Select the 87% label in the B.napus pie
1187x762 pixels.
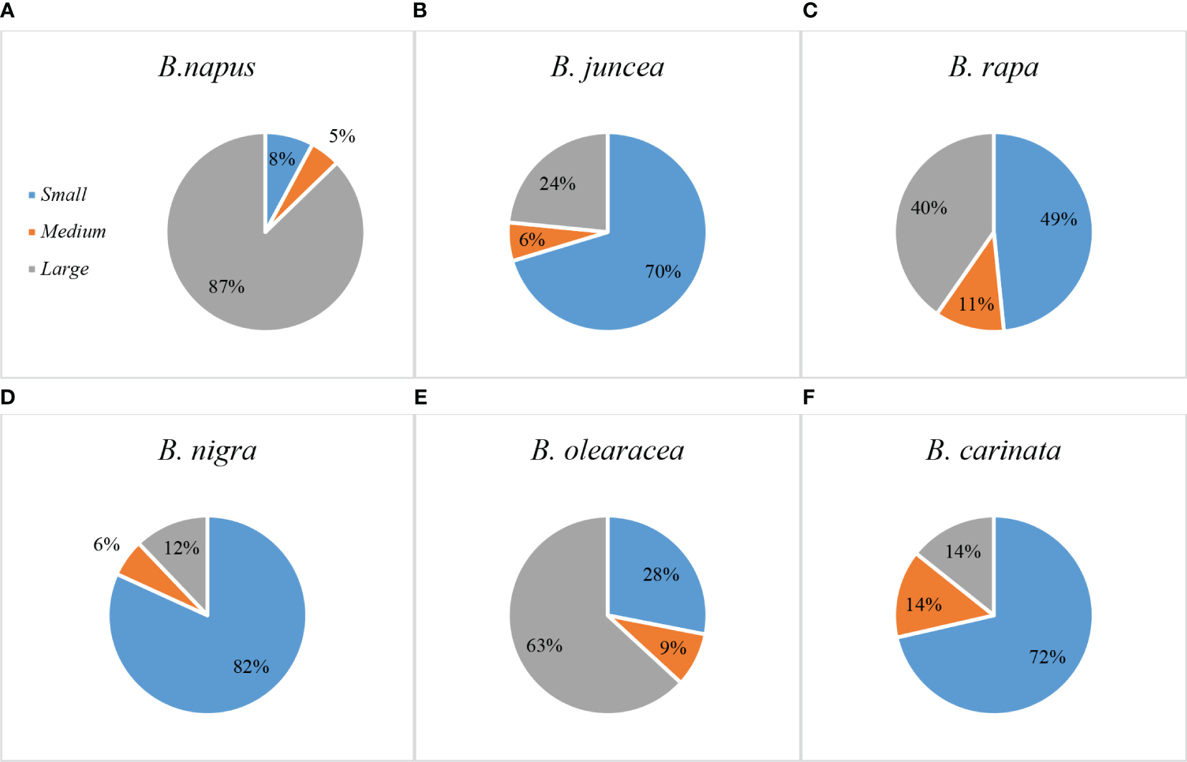pos(227,287)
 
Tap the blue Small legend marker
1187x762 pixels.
pos(32,195)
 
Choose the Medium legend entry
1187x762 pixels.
pos(72,232)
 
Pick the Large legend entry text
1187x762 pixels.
pos(65,269)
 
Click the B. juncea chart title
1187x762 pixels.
pos(607,67)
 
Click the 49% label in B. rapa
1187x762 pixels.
pos(1059,220)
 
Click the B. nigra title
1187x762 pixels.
pos(207,451)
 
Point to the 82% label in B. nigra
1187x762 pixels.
pos(251,667)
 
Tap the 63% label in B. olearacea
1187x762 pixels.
pos(544,646)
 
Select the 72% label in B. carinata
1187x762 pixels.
pos(1047,657)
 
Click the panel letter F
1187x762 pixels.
pos(809,398)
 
